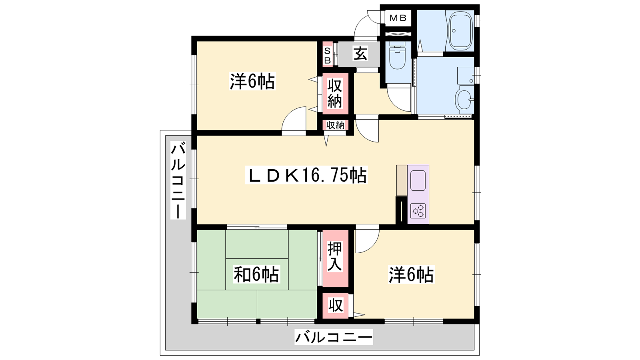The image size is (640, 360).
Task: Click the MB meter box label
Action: [x=398, y=18]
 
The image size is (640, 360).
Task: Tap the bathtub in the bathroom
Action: [x=461, y=31]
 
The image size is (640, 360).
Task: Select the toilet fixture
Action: [x=398, y=58]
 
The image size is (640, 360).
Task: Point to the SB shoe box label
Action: [x=328, y=56]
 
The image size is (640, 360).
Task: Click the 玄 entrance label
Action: [x=360, y=54]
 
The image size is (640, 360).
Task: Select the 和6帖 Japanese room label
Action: [x=256, y=274]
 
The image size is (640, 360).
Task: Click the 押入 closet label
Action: [x=334, y=256]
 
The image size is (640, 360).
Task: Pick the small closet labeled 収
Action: [x=336, y=306]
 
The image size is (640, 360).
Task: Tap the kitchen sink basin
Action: [x=418, y=180]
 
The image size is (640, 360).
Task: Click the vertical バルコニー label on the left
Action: [x=178, y=180]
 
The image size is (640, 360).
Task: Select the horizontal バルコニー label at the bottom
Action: [x=334, y=337]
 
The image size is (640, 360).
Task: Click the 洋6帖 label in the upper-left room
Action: [x=252, y=81]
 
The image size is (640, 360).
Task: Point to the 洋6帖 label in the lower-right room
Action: [x=411, y=275]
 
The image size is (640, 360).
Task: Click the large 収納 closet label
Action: [x=334, y=94]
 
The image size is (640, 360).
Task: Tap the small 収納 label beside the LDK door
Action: [x=336, y=125]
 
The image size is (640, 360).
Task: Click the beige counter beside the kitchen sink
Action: [x=402, y=180]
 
